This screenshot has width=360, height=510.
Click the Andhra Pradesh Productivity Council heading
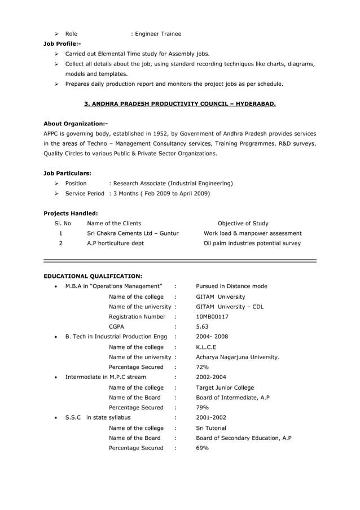point(180,104)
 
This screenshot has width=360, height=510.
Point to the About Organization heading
point(76,124)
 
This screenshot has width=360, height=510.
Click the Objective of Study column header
point(243,224)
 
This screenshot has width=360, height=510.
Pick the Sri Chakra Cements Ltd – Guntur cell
point(133,233)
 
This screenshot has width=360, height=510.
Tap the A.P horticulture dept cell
point(115,243)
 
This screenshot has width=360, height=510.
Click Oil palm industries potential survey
point(252,243)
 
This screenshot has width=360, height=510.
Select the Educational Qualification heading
point(93,276)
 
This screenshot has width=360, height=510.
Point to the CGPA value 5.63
point(203,327)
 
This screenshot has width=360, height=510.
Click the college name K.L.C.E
point(206,347)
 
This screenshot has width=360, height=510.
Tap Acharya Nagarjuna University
point(238,358)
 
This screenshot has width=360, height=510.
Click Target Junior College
point(225,387)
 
